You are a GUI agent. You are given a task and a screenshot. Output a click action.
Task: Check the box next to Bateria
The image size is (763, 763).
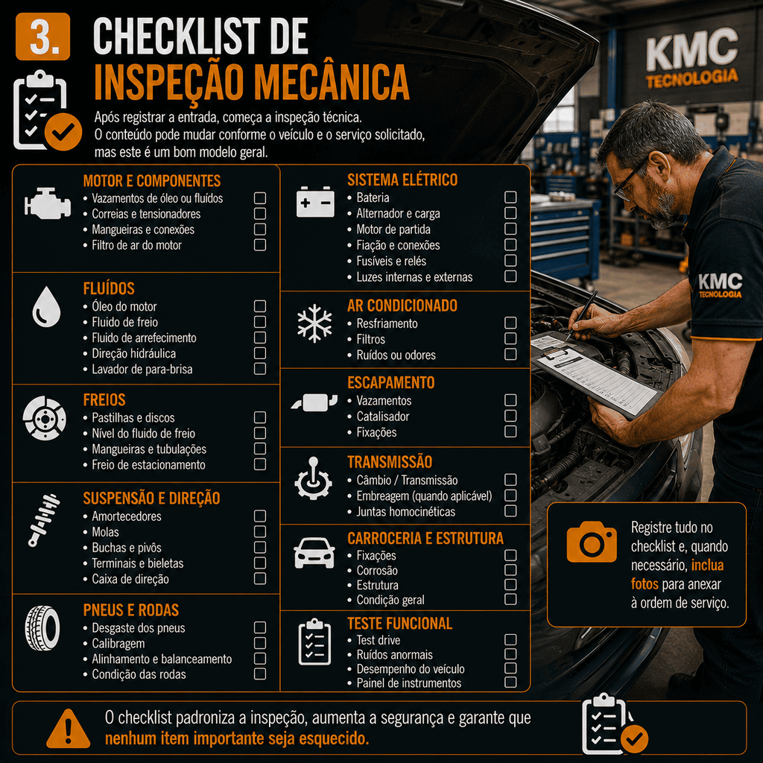coord(510,197)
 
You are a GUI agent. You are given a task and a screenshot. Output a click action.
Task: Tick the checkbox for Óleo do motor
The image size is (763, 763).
coord(260,306)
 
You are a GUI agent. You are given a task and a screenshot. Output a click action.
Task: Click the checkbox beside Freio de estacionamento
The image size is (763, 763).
coord(260,464)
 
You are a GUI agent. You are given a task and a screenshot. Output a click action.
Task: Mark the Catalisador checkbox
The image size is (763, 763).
coord(510,416)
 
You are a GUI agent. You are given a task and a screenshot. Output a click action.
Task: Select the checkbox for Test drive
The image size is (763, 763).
coord(510,639)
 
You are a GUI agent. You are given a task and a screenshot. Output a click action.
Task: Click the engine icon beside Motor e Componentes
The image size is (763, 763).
coord(47,203)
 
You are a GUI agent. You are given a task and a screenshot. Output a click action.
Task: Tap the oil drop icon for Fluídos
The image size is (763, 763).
coord(46,306)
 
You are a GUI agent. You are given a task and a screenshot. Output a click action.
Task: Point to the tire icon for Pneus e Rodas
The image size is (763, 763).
coord(42,627)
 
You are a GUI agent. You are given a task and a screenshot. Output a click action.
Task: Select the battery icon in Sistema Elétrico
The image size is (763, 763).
coord(315,201)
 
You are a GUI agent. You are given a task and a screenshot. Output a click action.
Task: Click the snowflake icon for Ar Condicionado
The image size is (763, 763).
coord(315,323)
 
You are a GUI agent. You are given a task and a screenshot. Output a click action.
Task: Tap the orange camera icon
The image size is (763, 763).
coord(592,542)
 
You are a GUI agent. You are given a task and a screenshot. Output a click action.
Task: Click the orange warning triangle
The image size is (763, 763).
coord(68,729)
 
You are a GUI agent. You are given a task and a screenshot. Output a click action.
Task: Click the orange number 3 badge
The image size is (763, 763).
coord(42,37)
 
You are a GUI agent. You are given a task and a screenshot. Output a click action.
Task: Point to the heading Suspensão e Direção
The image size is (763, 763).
coord(151,498)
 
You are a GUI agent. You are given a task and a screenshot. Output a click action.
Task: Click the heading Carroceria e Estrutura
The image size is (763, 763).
coord(425,538)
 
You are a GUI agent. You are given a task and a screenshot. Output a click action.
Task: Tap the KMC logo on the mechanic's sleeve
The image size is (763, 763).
coord(721,285)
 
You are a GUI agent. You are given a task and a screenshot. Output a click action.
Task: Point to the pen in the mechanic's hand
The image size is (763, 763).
coord(582,315)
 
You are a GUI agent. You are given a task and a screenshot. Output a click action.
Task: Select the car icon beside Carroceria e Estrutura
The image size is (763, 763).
coord(314,554)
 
